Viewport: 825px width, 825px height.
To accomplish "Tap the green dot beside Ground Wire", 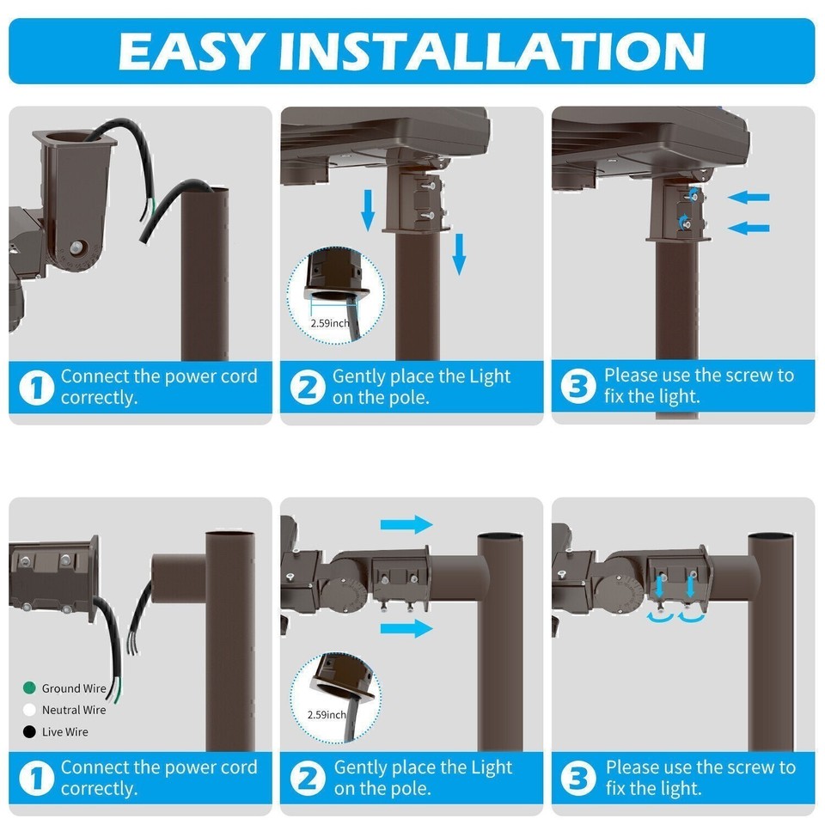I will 30,688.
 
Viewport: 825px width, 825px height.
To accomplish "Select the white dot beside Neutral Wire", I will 30,710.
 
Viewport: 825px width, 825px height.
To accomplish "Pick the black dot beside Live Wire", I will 30,732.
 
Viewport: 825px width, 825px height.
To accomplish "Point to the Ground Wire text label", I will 74,688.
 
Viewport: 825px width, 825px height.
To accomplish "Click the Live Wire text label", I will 65,732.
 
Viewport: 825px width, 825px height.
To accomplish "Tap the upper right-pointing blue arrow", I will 406,524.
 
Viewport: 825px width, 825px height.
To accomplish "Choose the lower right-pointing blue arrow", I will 406,628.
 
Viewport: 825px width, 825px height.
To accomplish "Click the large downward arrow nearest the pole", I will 459,254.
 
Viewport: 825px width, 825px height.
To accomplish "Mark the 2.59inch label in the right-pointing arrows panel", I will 327,714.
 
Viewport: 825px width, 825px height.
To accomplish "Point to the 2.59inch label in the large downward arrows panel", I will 330,323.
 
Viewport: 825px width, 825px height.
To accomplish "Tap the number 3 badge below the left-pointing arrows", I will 577,387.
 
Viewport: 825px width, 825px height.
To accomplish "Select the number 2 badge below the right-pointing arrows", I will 307,779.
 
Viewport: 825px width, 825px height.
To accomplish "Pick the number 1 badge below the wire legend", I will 35,779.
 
